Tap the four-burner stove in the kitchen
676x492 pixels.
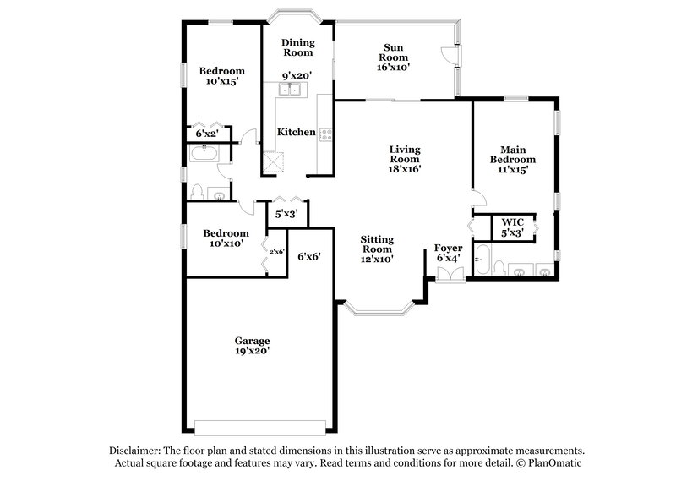pos(325,133)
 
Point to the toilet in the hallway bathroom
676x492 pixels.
pos(196,191)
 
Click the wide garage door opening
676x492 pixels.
pos(259,425)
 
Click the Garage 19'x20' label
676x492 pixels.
pos(253,346)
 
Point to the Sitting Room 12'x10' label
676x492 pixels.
pos(378,249)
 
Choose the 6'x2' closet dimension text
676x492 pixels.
pos(207,134)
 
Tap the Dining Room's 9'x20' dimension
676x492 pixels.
pos(297,74)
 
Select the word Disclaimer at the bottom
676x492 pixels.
pos(139,451)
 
